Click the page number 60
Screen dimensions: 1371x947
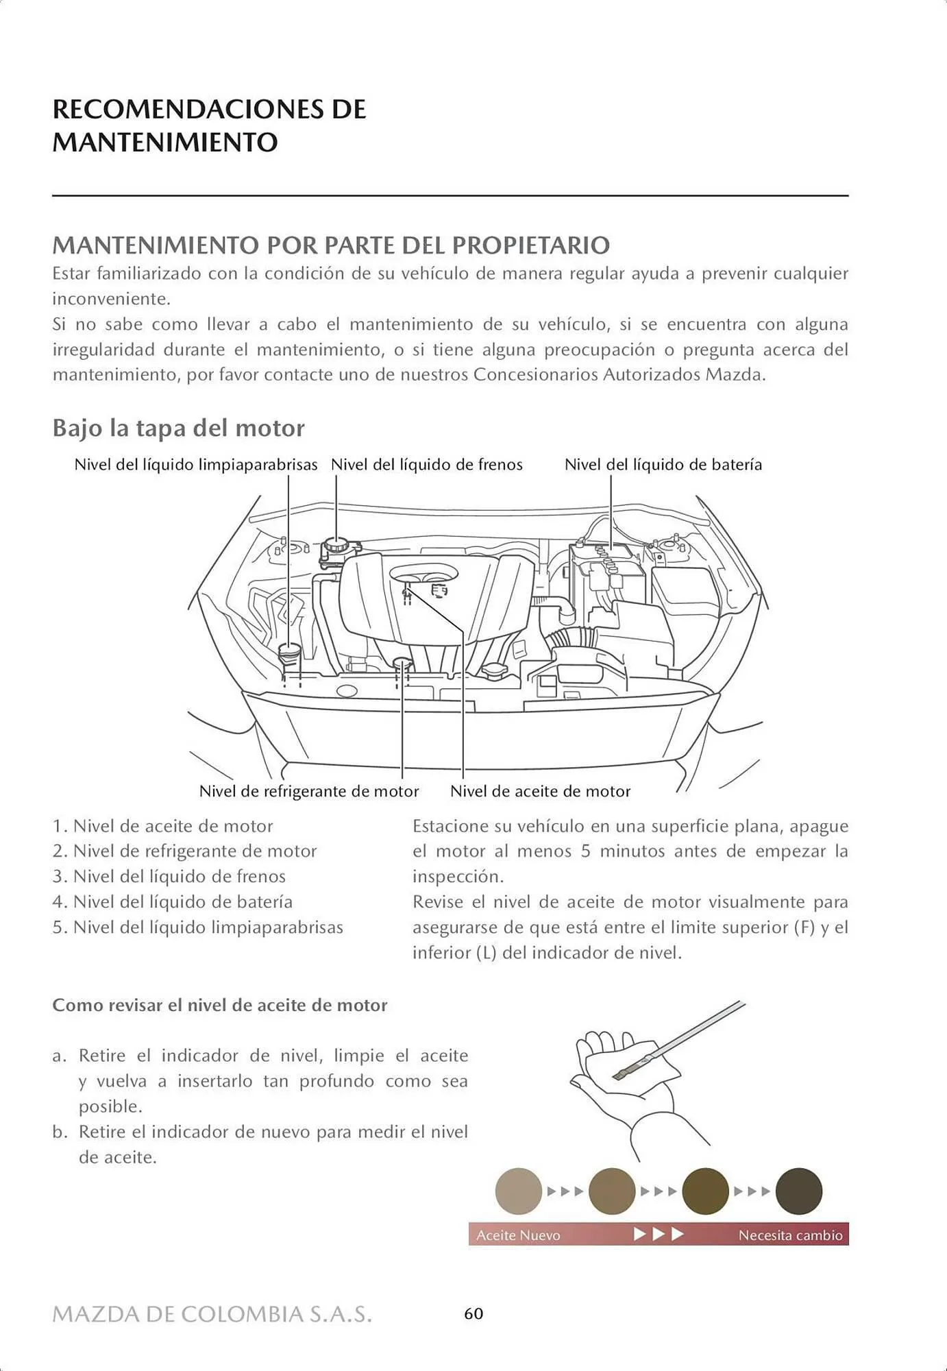[473, 1313]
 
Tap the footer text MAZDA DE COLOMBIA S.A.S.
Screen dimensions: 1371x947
[212, 1314]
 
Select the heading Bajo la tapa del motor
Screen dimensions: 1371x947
[178, 428]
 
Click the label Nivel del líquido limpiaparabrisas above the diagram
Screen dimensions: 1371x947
[196, 465]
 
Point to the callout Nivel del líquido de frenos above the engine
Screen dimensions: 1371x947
[426, 465]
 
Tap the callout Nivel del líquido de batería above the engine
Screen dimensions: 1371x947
[663, 465]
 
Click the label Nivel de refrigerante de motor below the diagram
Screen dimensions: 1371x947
[309, 791]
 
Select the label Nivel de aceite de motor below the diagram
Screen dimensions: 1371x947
[540, 791]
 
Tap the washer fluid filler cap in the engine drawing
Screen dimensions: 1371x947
[289, 652]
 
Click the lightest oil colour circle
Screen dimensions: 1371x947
[519, 1191]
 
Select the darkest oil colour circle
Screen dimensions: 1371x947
[798, 1191]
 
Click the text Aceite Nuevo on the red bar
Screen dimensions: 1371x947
[518, 1235]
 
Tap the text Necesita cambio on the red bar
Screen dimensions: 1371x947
[790, 1235]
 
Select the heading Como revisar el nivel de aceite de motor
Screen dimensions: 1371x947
[220, 1006]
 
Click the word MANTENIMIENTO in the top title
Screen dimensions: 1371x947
[165, 143]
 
